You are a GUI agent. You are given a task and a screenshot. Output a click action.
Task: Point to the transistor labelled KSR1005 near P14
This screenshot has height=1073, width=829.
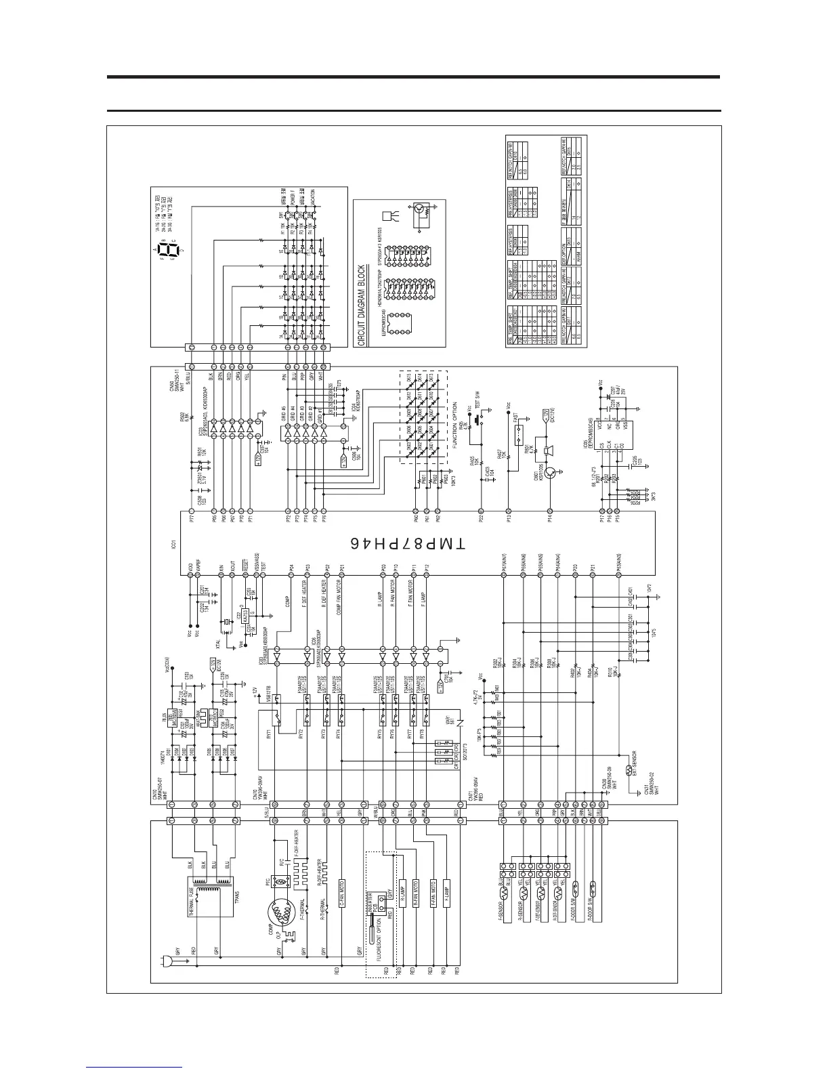551,473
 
